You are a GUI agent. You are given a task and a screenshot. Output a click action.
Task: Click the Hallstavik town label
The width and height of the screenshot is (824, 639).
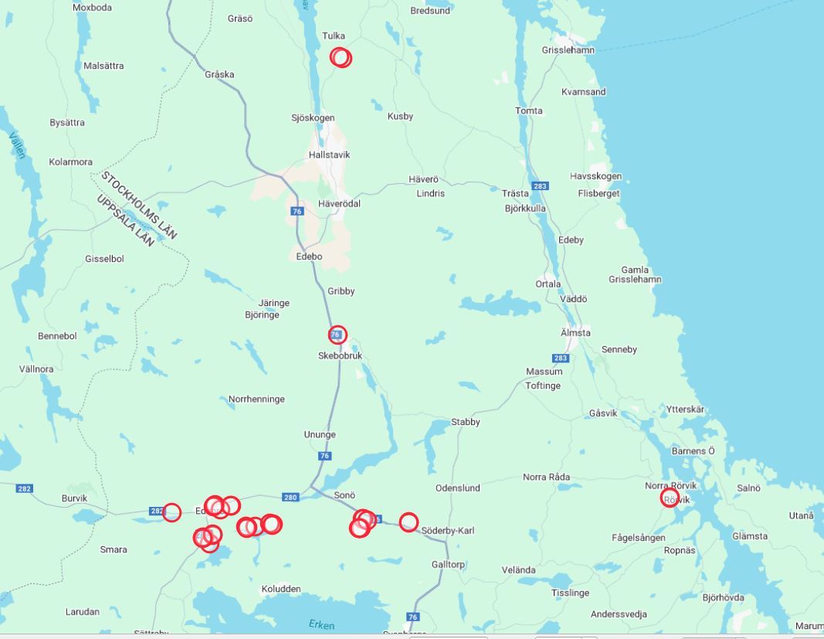coord(329,155)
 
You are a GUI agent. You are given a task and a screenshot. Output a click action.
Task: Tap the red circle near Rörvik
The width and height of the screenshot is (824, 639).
coord(670,498)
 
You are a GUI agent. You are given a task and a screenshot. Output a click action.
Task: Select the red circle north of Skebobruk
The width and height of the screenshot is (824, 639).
coord(337,335)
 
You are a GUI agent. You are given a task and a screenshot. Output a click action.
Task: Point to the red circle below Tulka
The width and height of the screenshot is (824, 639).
coord(341,57)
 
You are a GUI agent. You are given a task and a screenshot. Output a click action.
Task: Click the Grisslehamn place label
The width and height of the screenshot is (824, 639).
coord(568,50)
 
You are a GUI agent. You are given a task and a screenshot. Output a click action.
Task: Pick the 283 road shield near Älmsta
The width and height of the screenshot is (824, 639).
coord(561,358)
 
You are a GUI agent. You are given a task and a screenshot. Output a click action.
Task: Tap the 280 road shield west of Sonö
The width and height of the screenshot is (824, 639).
coord(290,497)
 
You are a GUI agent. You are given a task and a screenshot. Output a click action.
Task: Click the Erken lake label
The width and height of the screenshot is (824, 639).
coord(321,624)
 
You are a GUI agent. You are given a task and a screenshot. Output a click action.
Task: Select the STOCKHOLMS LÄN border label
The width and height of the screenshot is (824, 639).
coord(139,205)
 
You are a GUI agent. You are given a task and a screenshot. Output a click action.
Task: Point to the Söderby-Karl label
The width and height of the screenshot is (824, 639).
coord(449,531)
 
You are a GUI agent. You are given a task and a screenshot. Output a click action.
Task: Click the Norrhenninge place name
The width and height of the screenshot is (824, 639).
coord(256,399)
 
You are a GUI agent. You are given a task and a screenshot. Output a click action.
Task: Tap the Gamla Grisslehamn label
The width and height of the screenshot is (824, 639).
coord(635,274)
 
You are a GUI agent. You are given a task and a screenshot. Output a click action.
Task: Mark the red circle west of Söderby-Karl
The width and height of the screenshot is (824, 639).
coord(409,522)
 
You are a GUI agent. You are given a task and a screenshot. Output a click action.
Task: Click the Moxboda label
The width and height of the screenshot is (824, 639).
coord(92,8)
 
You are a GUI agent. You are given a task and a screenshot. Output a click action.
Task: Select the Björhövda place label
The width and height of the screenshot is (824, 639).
coord(723,597)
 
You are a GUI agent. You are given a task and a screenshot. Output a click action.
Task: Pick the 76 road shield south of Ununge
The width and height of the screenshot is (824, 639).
coord(324,456)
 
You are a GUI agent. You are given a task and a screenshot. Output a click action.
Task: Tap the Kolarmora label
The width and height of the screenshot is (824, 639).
coord(70,162)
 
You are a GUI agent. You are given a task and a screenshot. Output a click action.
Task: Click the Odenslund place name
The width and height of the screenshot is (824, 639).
coord(457,488)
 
